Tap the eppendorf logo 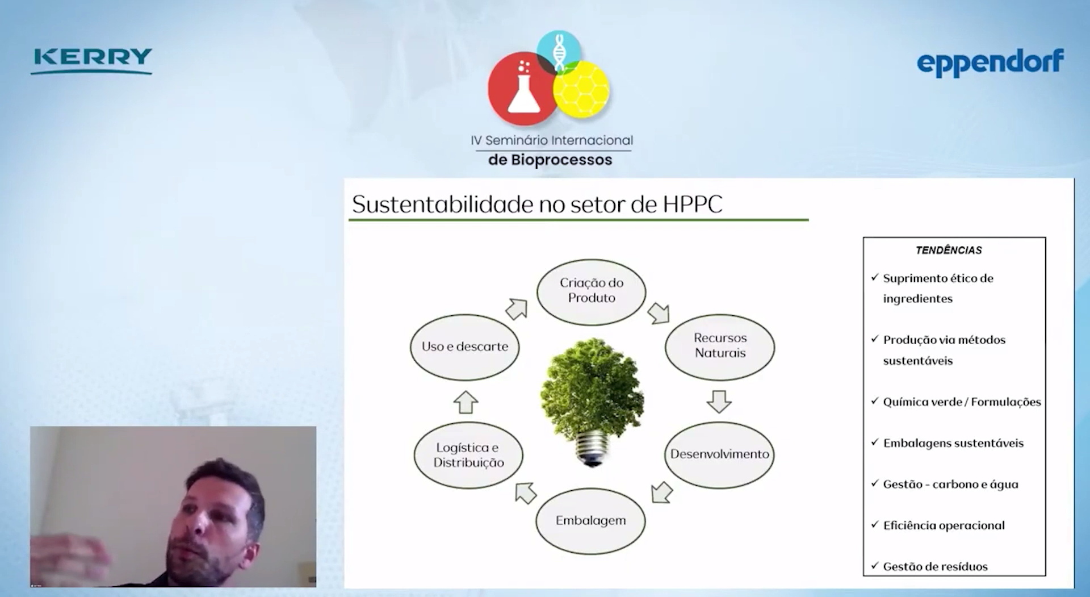[990, 63]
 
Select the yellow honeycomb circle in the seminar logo [581, 89]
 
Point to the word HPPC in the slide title [693, 204]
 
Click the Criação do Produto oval [592, 292]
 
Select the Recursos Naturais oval [720, 346]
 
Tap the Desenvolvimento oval [719, 454]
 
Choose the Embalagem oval [590, 521]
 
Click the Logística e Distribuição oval [468, 455]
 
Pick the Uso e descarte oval [465, 347]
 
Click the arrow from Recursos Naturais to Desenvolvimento [719, 401]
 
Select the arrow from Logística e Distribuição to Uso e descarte [466, 402]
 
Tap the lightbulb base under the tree [592, 448]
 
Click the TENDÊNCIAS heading [949, 250]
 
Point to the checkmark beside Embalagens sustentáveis [875, 441]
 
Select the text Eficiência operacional [944, 525]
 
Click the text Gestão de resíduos [935, 566]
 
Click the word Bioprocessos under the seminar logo [561, 160]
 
